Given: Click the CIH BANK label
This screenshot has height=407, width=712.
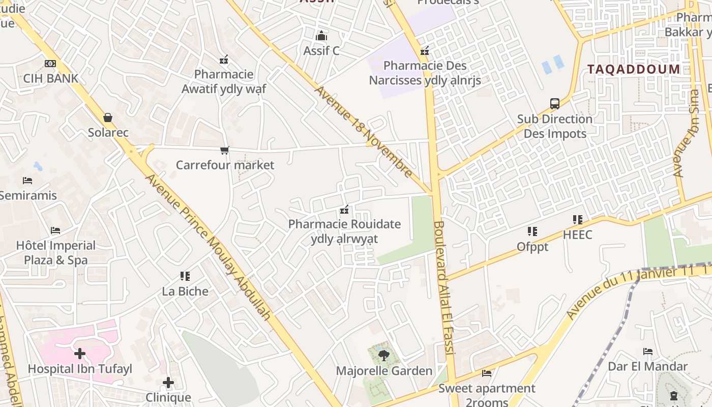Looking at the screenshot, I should pyautogui.click(x=51, y=78).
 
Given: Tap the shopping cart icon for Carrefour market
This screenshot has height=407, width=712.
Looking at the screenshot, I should pyautogui.click(x=224, y=150).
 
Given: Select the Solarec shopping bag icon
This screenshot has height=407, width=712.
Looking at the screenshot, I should pyautogui.click(x=108, y=118).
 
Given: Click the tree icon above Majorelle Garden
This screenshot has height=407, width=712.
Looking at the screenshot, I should pyautogui.click(x=384, y=355).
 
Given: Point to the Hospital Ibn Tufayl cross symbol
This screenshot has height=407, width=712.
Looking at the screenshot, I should pyautogui.click(x=80, y=353).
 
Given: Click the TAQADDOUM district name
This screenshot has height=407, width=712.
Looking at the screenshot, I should pyautogui.click(x=634, y=69).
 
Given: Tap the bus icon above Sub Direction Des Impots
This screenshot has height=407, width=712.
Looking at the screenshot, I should pyautogui.click(x=555, y=104).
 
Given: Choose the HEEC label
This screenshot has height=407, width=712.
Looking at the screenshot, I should pyautogui.click(x=578, y=235).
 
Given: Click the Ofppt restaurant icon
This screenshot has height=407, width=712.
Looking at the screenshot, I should pyautogui.click(x=532, y=231).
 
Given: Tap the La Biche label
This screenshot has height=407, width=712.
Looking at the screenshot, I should pyautogui.click(x=185, y=292).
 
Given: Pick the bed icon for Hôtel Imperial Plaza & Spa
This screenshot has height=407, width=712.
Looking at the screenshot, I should pyautogui.click(x=55, y=230).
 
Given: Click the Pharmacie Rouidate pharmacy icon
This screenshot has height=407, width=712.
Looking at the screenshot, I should pyautogui.click(x=344, y=210).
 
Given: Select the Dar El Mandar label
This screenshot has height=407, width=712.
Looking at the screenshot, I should pyautogui.click(x=648, y=366).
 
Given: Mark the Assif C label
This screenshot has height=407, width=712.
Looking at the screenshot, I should pyautogui.click(x=321, y=51).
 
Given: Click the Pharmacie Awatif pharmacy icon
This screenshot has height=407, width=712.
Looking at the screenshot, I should pyautogui.click(x=223, y=60).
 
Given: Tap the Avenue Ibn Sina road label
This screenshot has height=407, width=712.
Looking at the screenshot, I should pyautogui.click(x=686, y=134).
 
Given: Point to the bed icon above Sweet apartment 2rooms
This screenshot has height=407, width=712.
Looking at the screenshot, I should pyautogui.click(x=487, y=373).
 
